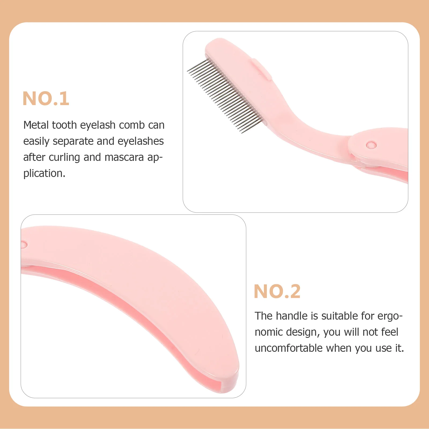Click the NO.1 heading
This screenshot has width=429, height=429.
[x=46, y=98]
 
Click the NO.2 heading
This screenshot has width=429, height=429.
[x=277, y=291]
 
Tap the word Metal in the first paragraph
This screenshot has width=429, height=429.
[x=36, y=125]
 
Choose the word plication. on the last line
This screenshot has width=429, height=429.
[x=44, y=173]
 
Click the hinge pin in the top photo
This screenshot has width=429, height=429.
[x=371, y=145]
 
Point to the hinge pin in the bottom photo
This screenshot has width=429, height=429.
[x=24, y=244]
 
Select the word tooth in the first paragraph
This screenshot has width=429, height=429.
[x=64, y=125]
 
